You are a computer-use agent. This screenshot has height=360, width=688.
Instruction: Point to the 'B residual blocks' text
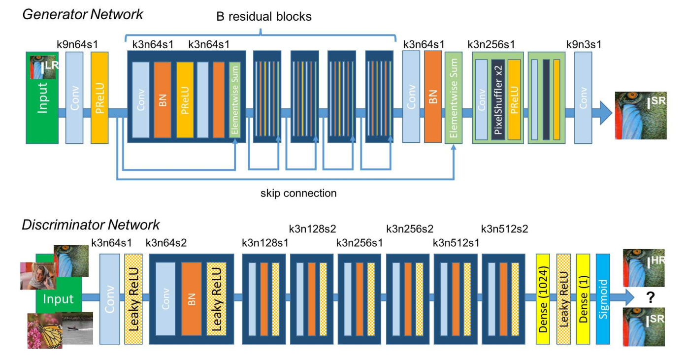pyautogui.click(x=264, y=16)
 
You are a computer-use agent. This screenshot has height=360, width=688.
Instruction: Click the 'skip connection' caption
pyautogui.click(x=298, y=193)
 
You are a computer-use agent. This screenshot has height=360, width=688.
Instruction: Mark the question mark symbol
pyautogui.click(x=650, y=296)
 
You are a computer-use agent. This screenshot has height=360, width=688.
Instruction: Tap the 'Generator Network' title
pyautogui.click(x=83, y=14)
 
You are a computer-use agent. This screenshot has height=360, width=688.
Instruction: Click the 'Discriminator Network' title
pyautogui.click(x=91, y=225)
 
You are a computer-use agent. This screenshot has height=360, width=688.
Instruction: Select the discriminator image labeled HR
pyautogui.click(x=644, y=268)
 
